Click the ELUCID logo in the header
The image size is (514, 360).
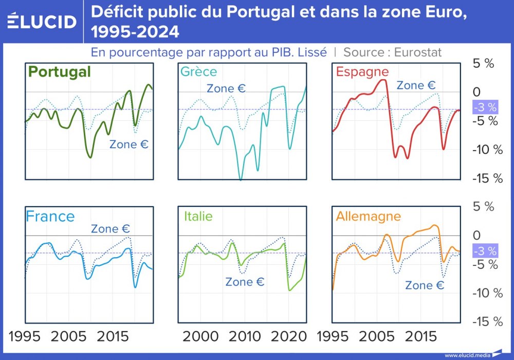tap(42, 22)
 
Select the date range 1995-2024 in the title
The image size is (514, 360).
tap(135, 32)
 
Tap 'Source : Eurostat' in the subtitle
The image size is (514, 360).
tap(393, 52)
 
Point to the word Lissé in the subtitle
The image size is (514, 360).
tap(309, 52)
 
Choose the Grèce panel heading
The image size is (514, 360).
tap(198, 71)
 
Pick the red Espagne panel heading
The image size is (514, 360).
tap(362, 71)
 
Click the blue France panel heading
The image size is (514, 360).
tap(50, 216)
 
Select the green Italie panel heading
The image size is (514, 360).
tap(198, 216)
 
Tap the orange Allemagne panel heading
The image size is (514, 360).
tap(368, 216)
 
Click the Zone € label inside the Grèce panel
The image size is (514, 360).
tap(226, 88)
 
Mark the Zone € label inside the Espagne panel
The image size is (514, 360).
tap(416, 85)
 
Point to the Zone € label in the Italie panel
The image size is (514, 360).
tap(245, 282)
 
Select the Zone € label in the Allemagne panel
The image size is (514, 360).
tap(425, 285)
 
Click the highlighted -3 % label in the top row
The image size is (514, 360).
tap(485, 107)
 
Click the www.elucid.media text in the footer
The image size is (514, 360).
tap(467, 355)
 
